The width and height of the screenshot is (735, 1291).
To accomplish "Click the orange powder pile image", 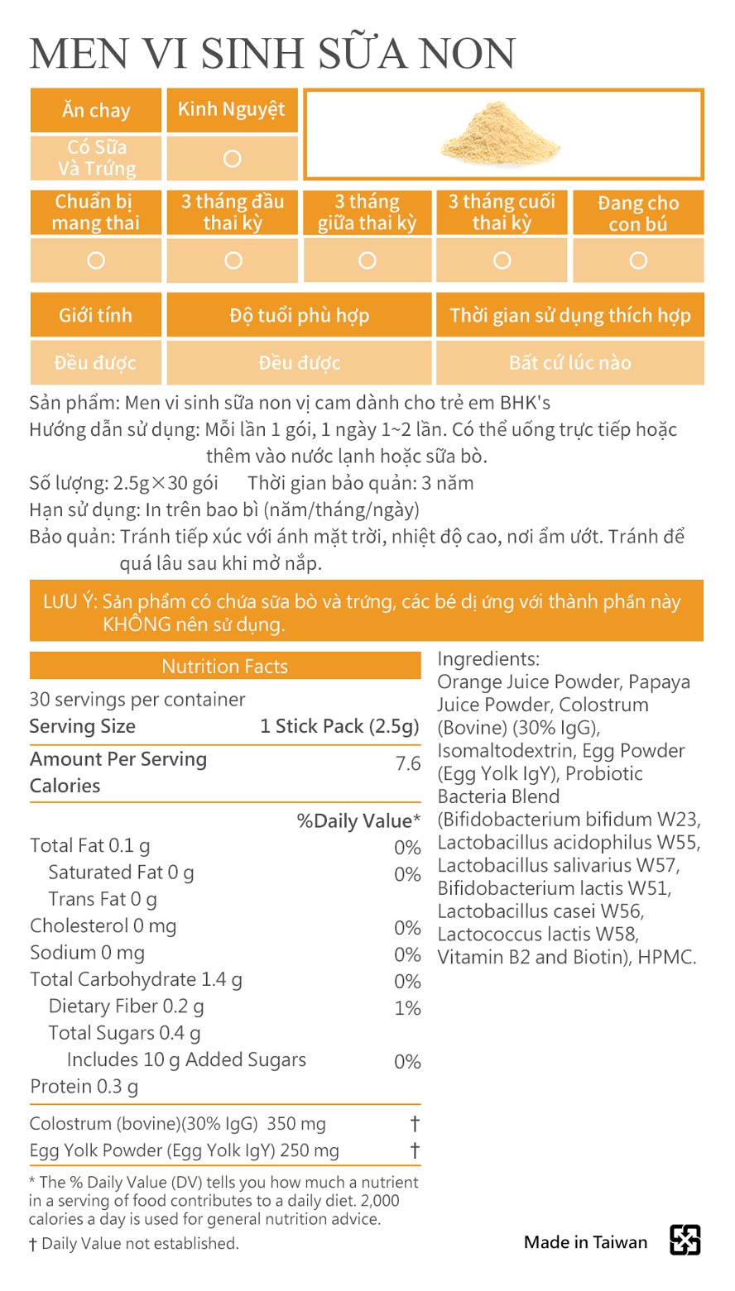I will (x=501, y=136).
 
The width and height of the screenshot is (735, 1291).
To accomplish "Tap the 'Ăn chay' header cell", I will (x=96, y=110).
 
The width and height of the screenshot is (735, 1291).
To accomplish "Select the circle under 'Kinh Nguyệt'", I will (x=233, y=159).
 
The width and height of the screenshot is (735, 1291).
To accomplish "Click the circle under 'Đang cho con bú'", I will (x=638, y=261).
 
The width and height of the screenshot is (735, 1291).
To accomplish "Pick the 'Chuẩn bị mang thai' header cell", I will (x=96, y=213).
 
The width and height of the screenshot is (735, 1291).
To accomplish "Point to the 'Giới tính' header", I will (x=96, y=315).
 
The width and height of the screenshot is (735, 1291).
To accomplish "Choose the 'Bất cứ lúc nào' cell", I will (x=569, y=362).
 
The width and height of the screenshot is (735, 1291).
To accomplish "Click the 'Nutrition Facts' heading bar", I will (x=224, y=667).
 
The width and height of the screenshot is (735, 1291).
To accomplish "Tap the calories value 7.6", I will (x=408, y=763).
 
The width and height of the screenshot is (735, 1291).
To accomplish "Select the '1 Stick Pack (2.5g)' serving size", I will (x=339, y=726).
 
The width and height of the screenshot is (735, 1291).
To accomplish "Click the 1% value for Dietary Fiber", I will (x=408, y=1008).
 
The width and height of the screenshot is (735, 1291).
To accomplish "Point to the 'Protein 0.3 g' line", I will (x=84, y=1087).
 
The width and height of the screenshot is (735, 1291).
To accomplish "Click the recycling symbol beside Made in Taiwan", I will (x=685, y=1241).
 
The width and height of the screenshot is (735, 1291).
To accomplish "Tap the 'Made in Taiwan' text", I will (x=585, y=1242).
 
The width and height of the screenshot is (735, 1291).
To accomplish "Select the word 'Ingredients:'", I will (x=488, y=659).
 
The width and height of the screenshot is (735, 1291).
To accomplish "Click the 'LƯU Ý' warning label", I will (x=70, y=601).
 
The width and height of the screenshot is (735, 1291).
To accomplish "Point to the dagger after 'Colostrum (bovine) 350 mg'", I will (x=415, y=1124).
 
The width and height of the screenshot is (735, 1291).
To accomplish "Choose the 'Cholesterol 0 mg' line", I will (x=103, y=926).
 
